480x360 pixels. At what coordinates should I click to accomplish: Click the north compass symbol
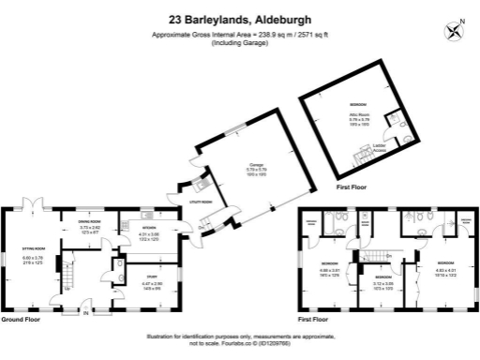pos(456,30)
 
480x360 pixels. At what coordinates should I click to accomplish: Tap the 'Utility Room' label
pos(201,202)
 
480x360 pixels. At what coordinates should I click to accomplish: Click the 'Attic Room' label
pos(357,113)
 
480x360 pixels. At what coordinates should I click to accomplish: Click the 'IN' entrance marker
pos(85,313)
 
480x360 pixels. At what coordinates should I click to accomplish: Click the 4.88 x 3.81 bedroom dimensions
pos(329,271)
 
